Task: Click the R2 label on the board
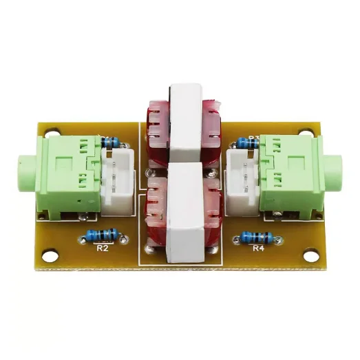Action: tap(103, 248)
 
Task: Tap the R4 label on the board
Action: tap(259, 248)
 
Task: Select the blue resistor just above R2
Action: tap(103, 234)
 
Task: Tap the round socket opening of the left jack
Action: tap(21, 168)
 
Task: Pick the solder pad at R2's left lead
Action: tap(82, 238)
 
